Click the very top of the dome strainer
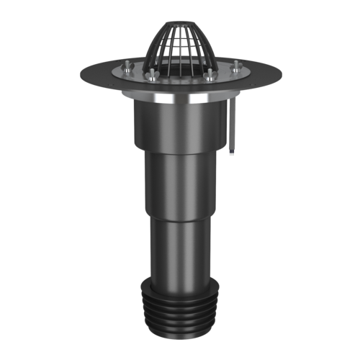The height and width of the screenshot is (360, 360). pyautogui.click(x=179, y=22)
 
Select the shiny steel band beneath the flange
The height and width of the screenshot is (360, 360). pyautogui.click(x=180, y=100)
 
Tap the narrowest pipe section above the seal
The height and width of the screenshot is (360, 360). pyautogui.click(x=180, y=245)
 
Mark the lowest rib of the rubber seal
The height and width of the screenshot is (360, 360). pyautogui.click(x=180, y=328)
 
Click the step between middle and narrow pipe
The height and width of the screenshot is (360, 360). pyautogui.click(x=180, y=216)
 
